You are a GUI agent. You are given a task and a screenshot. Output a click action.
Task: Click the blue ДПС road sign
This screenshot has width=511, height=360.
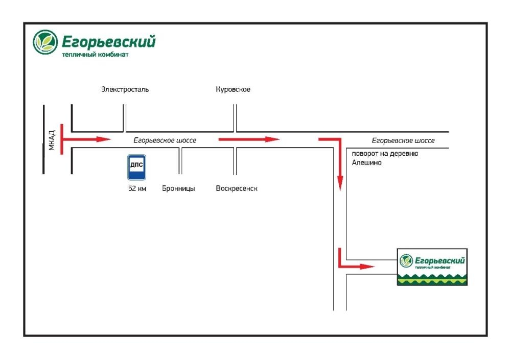tap(136, 167)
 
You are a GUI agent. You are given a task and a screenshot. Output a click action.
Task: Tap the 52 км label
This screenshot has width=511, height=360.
tap(137, 188)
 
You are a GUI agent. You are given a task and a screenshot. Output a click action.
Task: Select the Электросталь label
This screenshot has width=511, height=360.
tap(125, 89)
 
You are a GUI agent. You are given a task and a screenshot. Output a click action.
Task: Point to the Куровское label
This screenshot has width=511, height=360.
tap(233, 89)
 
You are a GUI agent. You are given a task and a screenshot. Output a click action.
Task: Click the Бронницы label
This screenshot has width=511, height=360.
tap(178, 188)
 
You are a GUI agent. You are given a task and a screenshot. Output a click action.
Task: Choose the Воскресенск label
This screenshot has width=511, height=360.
tap(237, 188)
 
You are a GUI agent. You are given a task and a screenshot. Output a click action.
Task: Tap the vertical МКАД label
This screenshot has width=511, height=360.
tap(52, 140)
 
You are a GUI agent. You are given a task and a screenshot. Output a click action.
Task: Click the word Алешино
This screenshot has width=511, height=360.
tap(366, 162)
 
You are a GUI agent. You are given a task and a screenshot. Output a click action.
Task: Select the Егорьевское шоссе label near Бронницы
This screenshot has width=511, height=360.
tap(165, 140)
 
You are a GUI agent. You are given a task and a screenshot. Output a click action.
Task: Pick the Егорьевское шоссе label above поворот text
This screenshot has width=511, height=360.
tap(403, 141)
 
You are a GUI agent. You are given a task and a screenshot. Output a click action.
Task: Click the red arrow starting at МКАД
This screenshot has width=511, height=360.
tap(86, 139)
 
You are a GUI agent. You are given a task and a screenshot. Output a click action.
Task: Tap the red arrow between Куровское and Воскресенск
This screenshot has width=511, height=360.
tap(249, 139)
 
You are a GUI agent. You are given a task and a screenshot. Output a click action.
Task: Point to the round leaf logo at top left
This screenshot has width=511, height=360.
tap(45, 42)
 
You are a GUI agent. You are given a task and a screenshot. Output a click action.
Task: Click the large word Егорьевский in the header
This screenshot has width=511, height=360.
tap(108, 42)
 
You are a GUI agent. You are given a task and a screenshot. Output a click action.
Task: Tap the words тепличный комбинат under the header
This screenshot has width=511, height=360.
tap(95, 55)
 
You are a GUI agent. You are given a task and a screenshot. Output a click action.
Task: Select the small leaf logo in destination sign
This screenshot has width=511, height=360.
tap(406, 261)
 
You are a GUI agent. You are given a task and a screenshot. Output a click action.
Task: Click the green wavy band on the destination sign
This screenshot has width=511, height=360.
tap(432, 279)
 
